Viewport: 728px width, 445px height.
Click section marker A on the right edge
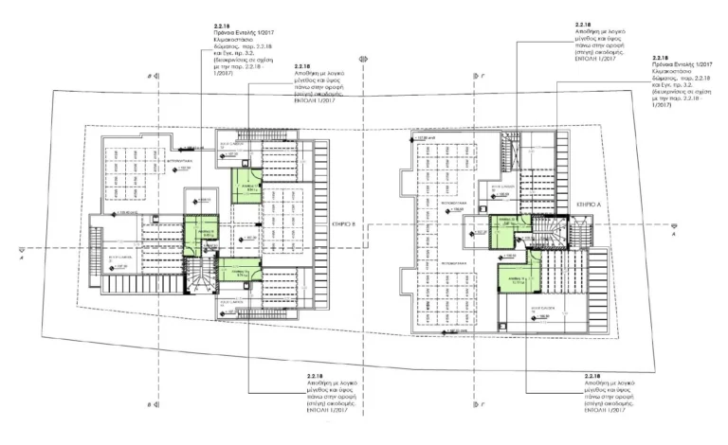[x=674, y=226]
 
